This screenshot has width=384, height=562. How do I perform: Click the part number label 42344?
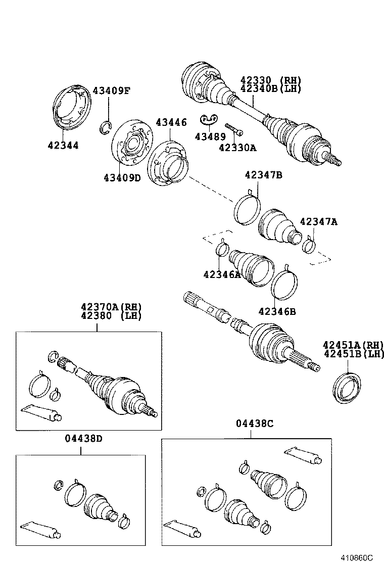pos(63,146)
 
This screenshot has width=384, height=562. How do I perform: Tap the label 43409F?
pos(111,91)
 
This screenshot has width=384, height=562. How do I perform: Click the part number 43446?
pos(171,122)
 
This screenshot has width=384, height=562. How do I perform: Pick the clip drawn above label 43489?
pos(209,119)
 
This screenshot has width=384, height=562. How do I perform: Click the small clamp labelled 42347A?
pos(309,246)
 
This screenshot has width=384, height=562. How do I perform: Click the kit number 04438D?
pos(83,438)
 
